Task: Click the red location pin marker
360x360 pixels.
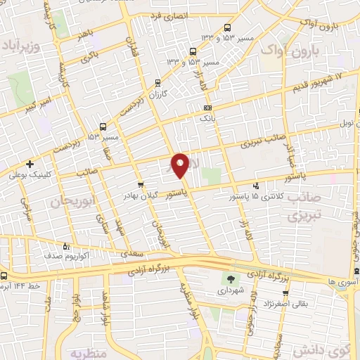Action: pyautogui.click(x=180, y=165)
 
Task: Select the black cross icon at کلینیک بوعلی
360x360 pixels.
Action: pyautogui.click(x=30, y=164)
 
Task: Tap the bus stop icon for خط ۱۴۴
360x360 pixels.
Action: pyautogui.click(x=4, y=276)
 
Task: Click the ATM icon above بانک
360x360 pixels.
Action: pyautogui.click(x=207, y=108)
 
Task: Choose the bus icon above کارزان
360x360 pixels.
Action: pyautogui.click(x=155, y=82)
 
